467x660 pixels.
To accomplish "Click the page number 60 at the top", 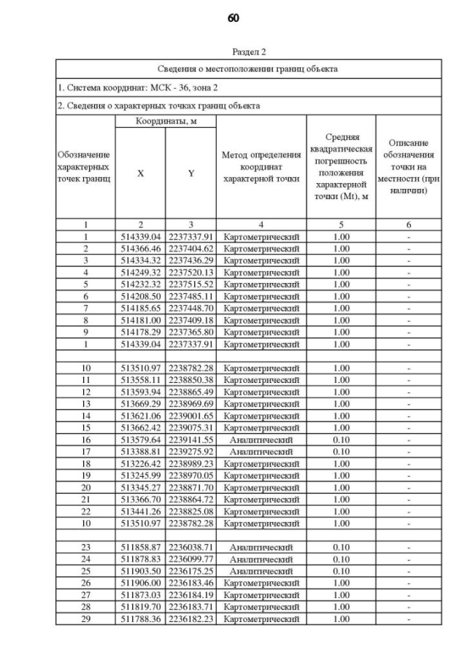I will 233,18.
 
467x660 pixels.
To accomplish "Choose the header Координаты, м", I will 166,121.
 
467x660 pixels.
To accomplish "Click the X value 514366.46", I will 140,248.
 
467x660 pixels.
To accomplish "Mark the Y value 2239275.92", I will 190,451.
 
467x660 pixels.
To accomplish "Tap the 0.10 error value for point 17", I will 341,451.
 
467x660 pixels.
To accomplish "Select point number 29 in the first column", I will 85,618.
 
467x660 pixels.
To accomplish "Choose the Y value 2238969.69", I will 190,403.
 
